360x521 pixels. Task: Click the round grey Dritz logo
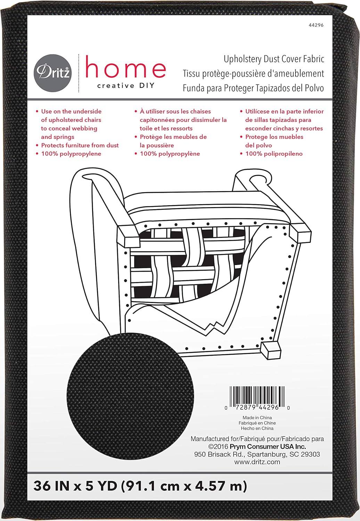coord(53,73)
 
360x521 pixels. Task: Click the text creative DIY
coord(126,86)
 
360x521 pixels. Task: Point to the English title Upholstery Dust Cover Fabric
coord(274,59)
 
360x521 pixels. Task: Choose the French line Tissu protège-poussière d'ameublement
coord(253,74)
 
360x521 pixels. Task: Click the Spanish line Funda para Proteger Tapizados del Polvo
coord(253,88)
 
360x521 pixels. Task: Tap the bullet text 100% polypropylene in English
coord(71,154)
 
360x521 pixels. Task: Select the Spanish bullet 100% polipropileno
coord(274,154)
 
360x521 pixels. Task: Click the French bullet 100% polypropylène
coord(170,154)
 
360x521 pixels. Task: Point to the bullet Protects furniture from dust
coord(80,145)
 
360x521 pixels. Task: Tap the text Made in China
coord(257,417)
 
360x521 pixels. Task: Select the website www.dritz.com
coord(257,462)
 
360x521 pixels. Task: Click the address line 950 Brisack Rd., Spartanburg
coord(257,454)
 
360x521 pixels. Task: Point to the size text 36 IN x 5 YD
coord(75,486)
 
